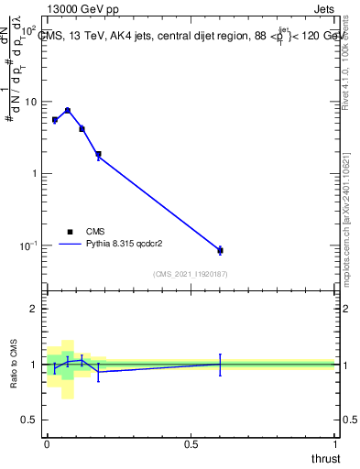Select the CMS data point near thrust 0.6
pyautogui.click(x=220, y=250)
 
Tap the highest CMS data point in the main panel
pyautogui.click(x=67, y=110)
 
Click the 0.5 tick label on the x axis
pyautogui.click(x=191, y=444)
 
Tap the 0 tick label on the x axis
pyautogui.click(x=46, y=444)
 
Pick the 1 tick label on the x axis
pyautogui.click(x=336, y=444)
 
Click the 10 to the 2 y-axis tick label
pyautogui.click(x=29, y=30)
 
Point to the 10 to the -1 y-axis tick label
pyautogui.click(x=28, y=245)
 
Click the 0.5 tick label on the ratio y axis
pyautogui.click(x=29, y=420)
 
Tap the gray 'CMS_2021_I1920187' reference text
pyautogui.click(x=191, y=274)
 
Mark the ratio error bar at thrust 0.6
pyautogui.click(x=220, y=364)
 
